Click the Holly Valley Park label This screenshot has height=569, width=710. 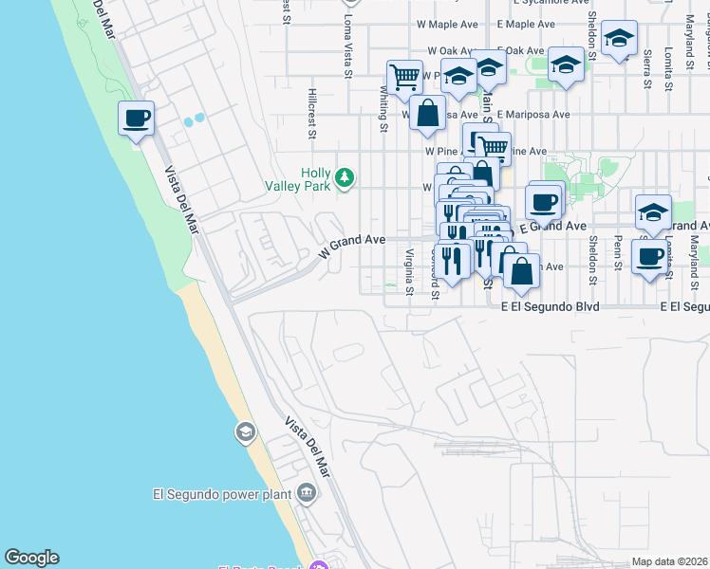[x=315, y=179]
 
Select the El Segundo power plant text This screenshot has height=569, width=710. [x=222, y=493]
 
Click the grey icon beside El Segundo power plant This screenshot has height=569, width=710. [x=306, y=492]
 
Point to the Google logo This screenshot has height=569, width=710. [x=31, y=558]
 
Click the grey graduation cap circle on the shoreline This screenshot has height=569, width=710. [x=245, y=433]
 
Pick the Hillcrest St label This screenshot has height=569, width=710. [x=311, y=114]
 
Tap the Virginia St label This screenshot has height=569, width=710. [x=409, y=271]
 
